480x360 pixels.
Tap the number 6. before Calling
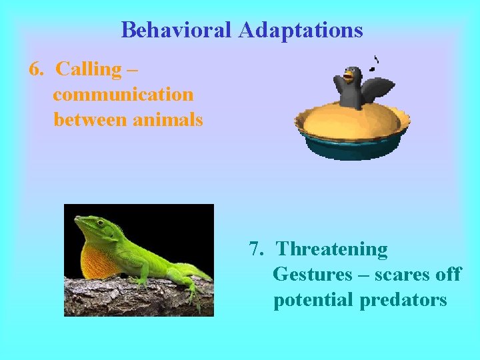(x=37, y=69)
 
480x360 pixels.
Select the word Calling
(x=89, y=69)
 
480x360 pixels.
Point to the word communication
(x=123, y=95)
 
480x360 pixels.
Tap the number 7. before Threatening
(x=257, y=249)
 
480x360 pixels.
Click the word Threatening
(x=332, y=249)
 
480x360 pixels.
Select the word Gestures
(x=313, y=275)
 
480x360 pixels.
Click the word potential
(x=314, y=300)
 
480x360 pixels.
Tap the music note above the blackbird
(x=376, y=64)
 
